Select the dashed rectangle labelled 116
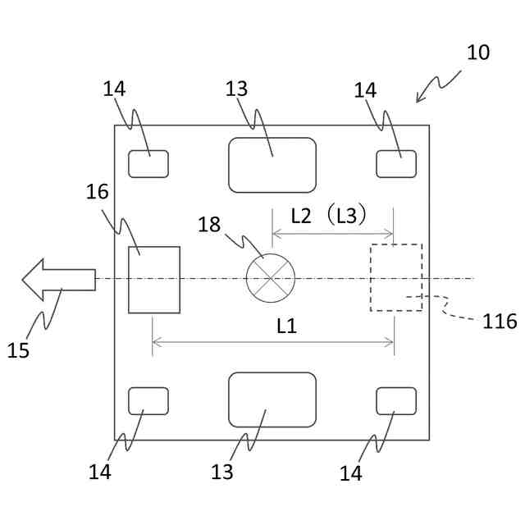pyautogui.click(x=396, y=277)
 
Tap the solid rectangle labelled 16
pyautogui.click(x=154, y=280)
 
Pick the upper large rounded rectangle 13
pyautogui.click(x=272, y=165)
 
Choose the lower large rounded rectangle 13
pyautogui.click(x=272, y=399)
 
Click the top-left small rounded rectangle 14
pyautogui.click(x=148, y=164)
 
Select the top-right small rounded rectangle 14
pyautogui.click(x=396, y=164)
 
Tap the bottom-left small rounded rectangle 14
pyautogui.click(x=148, y=401)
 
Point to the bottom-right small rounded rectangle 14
pyautogui.click(x=396, y=401)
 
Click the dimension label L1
pyautogui.click(x=285, y=326)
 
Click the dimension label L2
pyautogui.click(x=301, y=217)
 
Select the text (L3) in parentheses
pyautogui.click(x=344, y=217)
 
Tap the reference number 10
pyautogui.click(x=477, y=52)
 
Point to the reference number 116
pyautogui.click(x=499, y=322)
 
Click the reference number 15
pyautogui.click(x=18, y=350)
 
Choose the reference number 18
pyautogui.click(x=209, y=225)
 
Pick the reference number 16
pyautogui.click(x=97, y=192)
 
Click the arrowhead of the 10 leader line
pyautogui.click(x=418, y=101)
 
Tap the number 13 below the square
pyautogui.click(x=221, y=472)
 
